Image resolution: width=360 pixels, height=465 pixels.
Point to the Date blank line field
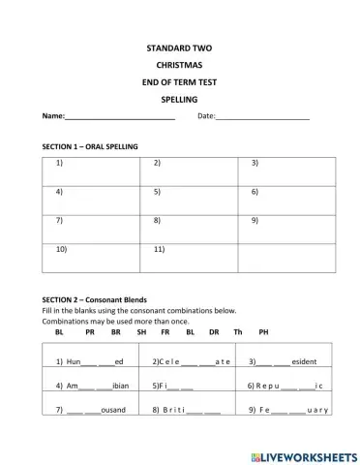(x=262, y=117)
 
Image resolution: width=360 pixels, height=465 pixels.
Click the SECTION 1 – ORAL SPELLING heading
(x=91, y=145)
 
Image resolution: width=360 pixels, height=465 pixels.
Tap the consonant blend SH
(x=141, y=332)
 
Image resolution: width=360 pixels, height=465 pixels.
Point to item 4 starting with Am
(x=92, y=386)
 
